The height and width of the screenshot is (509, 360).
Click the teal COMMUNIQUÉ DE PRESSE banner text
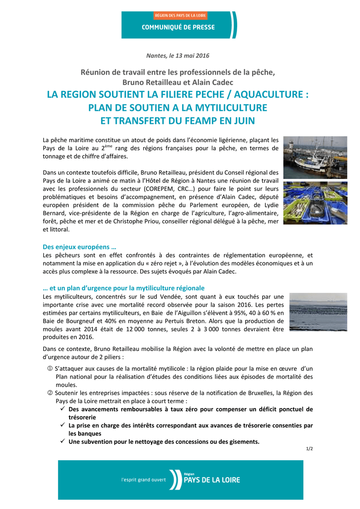[x=179, y=27]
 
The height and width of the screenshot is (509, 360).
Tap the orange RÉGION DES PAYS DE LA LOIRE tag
[x=179, y=16]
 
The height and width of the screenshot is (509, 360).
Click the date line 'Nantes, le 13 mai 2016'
[x=178, y=55]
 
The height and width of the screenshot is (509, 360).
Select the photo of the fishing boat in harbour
[x=315, y=158]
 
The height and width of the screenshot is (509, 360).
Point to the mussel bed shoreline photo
[x=318, y=312]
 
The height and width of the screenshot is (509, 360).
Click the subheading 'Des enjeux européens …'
[x=80, y=247]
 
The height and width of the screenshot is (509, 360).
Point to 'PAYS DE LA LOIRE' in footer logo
[x=211, y=480]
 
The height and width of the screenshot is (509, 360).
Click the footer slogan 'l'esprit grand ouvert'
[x=144, y=480]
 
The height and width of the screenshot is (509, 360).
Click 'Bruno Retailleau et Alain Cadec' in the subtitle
[x=178, y=82]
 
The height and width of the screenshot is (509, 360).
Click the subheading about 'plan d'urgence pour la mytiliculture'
[x=124, y=288]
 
